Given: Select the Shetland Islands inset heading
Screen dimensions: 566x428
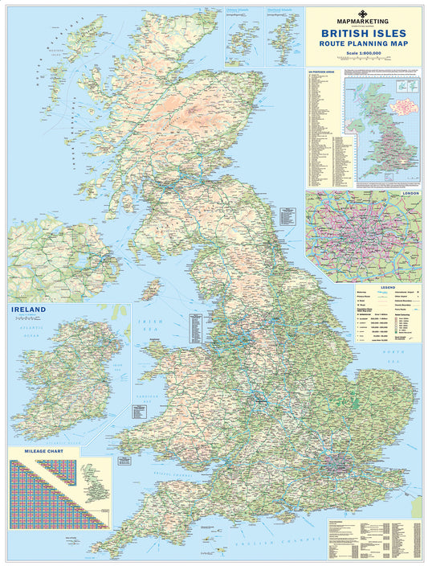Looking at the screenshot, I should pyautogui.click(x=284, y=10).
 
